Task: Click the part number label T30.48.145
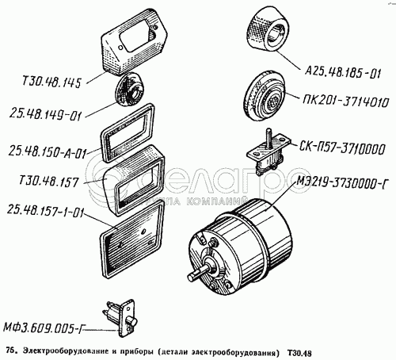click(51, 82)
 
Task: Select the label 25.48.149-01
click(45, 116)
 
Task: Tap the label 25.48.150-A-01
click(48, 152)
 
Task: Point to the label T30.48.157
click(49, 181)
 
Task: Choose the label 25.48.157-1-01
click(45, 211)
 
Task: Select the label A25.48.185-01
click(343, 73)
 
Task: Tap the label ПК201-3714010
click(345, 101)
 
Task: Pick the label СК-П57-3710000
click(342, 148)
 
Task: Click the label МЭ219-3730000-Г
click(341, 182)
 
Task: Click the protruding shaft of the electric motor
click(199, 273)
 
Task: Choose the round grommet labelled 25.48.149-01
click(129, 89)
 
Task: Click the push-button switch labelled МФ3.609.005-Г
click(120, 318)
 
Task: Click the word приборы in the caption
click(137, 352)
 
